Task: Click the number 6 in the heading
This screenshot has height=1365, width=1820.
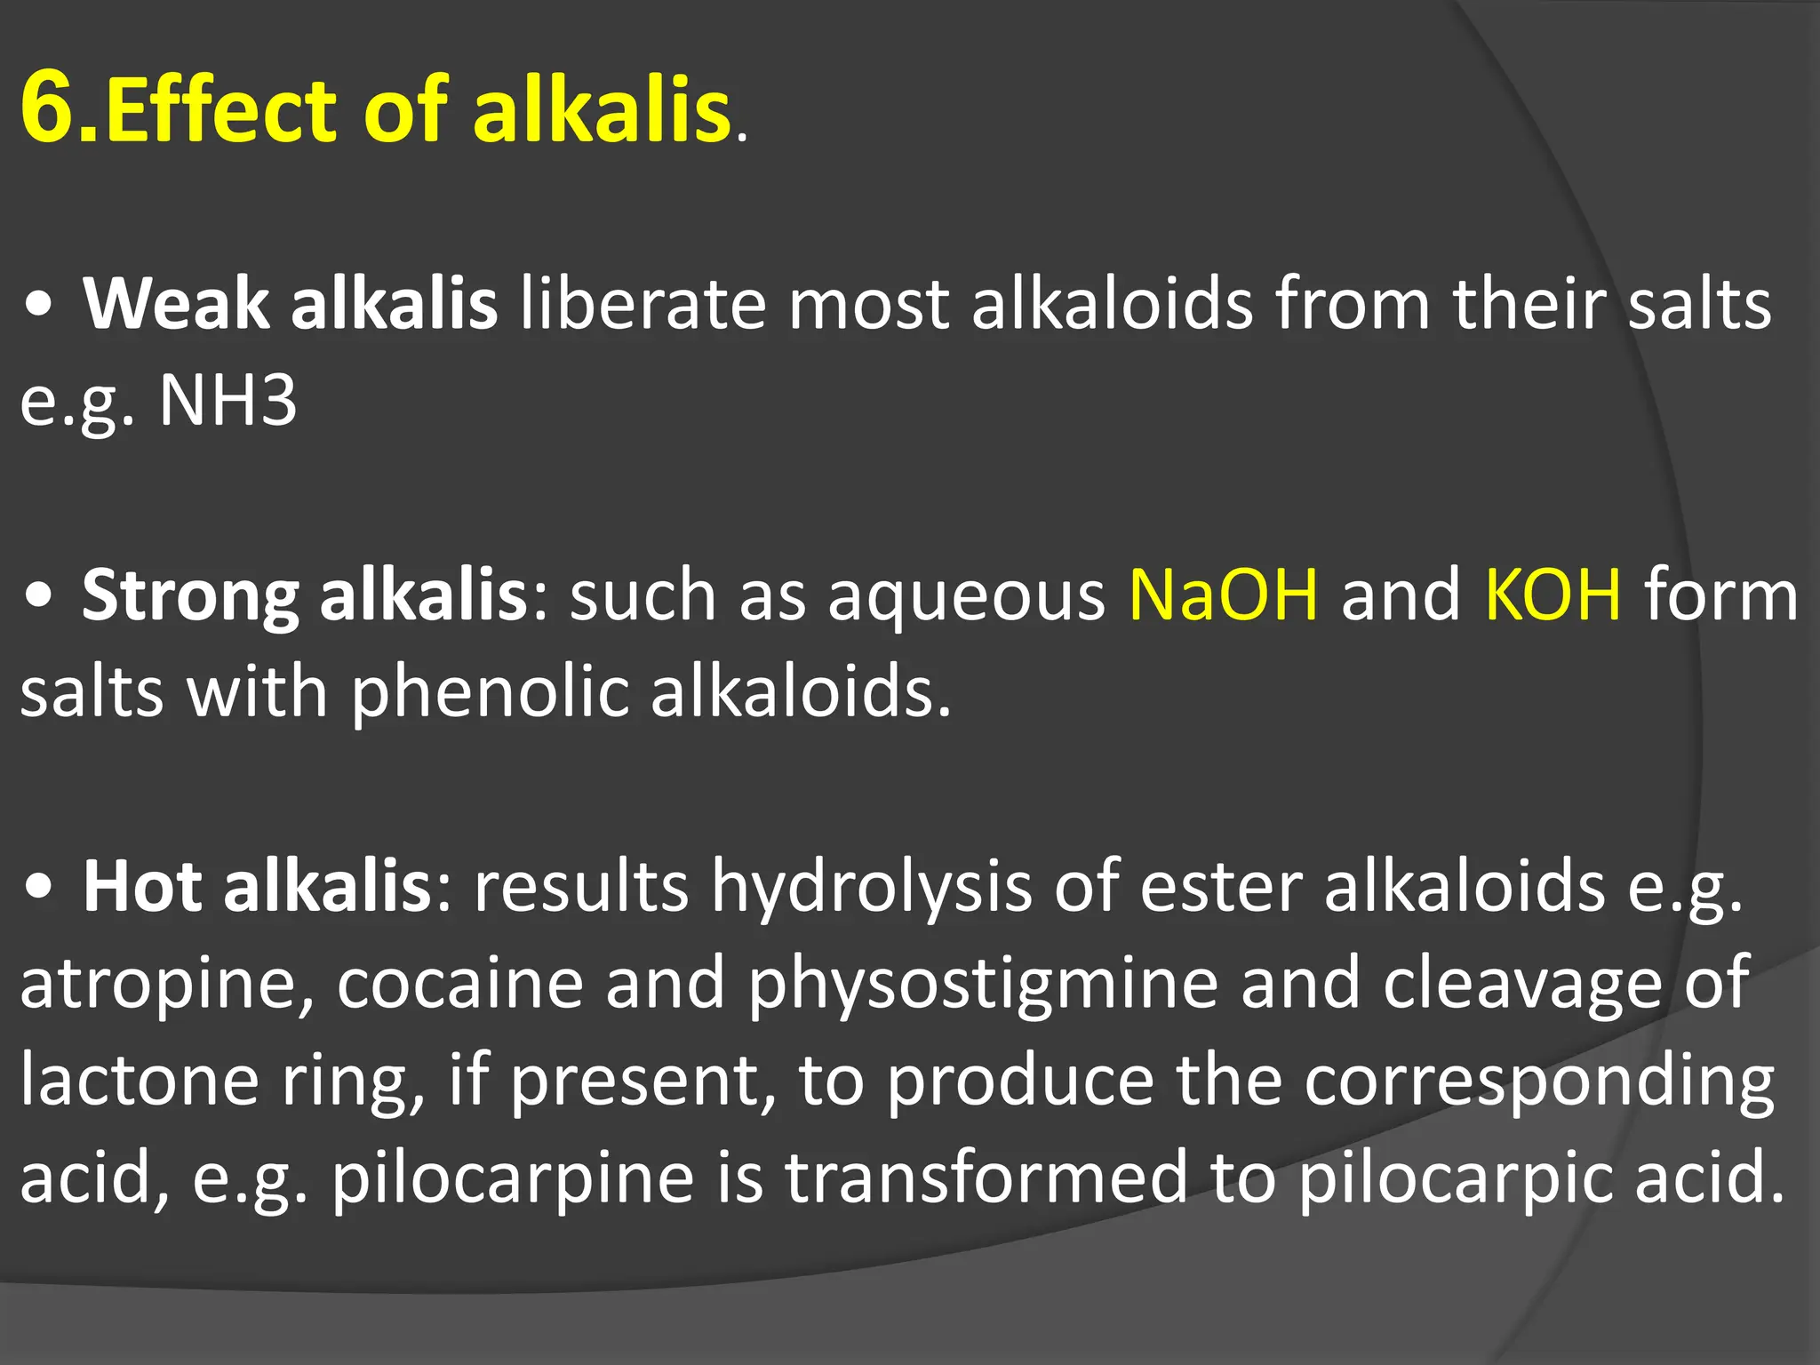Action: point(55,108)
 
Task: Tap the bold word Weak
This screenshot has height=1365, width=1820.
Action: point(175,304)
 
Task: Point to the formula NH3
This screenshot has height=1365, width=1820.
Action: point(227,401)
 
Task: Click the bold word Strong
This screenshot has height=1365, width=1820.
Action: point(189,595)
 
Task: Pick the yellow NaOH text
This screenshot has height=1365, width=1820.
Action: point(1223,595)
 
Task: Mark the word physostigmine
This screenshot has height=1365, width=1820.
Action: point(983,985)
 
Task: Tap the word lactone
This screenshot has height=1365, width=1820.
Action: point(139,1080)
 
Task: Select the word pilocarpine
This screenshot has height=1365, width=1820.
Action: point(513,1177)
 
